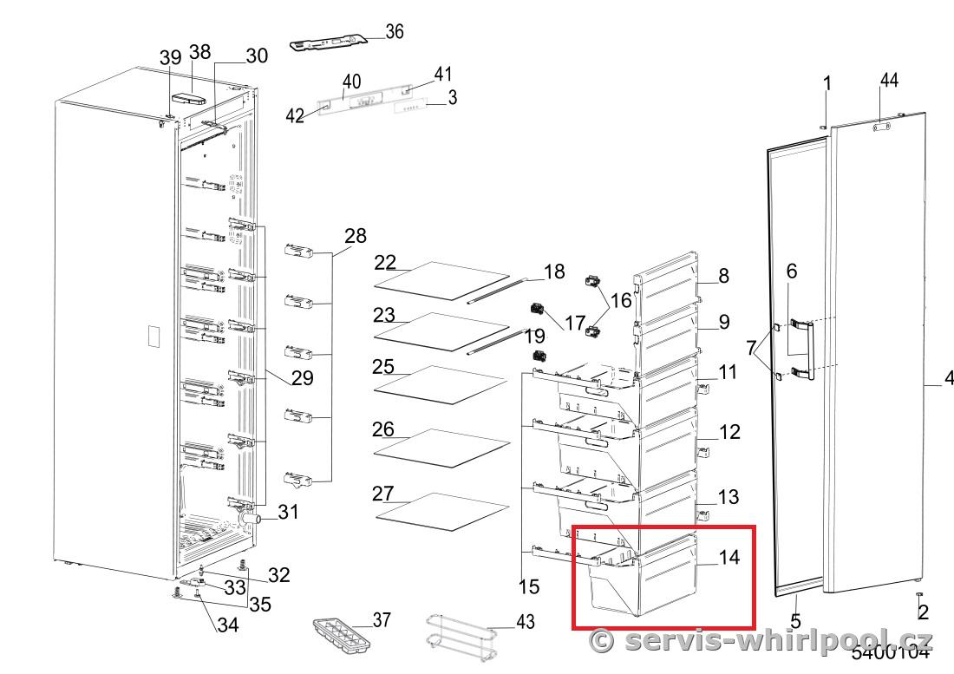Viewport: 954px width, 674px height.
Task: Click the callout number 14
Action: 729,557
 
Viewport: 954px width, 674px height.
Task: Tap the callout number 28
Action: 355,236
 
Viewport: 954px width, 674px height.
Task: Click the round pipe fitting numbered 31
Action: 251,518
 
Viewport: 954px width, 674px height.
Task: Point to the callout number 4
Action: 948,378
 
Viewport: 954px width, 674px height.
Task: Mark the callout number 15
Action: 528,586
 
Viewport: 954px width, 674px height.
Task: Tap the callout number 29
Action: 302,377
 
